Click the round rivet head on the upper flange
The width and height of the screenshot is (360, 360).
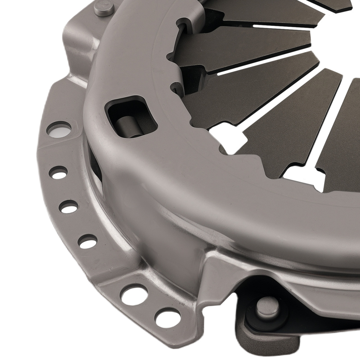[x=104, y=8]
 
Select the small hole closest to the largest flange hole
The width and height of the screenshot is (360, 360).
[x=58, y=172]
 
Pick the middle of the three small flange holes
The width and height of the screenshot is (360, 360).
[x=68, y=206]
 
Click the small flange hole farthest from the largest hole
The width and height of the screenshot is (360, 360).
[x=87, y=241]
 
